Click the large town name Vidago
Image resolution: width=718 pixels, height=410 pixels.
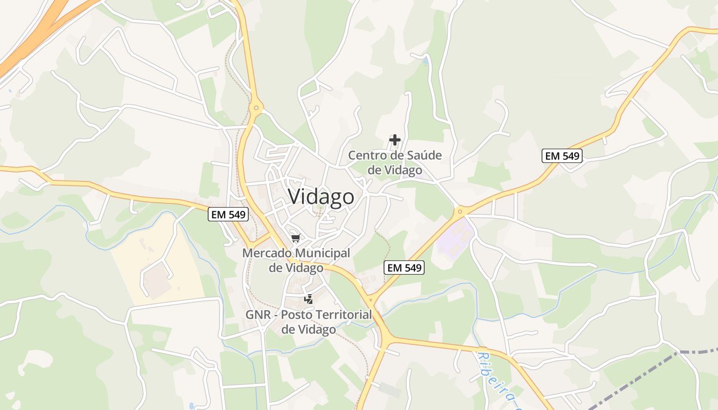click(x=321, y=197)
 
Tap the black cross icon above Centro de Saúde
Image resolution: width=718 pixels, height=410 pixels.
click(x=395, y=139)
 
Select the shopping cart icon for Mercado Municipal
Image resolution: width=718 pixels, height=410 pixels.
click(x=295, y=238)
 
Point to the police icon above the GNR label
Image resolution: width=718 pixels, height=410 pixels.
click(x=308, y=299)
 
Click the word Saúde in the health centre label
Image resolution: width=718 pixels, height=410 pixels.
click(x=419, y=155)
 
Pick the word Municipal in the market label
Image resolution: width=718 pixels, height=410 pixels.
click(x=323, y=253)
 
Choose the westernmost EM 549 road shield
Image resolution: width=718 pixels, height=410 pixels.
click(x=228, y=214)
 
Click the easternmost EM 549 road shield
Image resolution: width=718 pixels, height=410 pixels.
click(x=562, y=156)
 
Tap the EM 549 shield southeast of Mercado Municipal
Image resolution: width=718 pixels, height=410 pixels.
click(x=404, y=268)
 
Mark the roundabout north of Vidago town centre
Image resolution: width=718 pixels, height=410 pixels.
click(x=256, y=108)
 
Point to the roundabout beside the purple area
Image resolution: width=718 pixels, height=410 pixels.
click(x=460, y=211)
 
